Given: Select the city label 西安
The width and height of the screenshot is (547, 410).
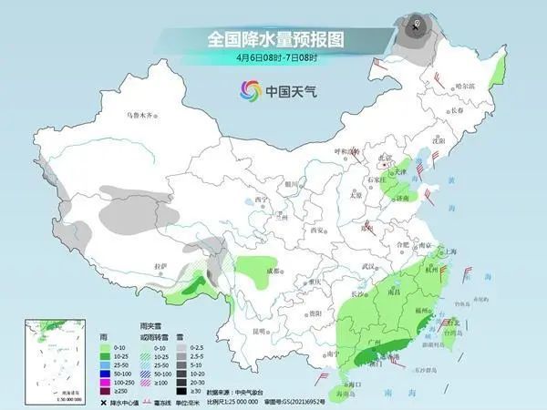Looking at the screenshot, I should (x=317, y=229).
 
